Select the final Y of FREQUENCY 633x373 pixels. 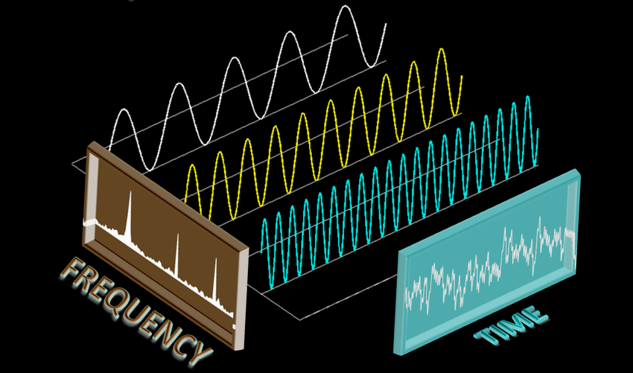(195, 350)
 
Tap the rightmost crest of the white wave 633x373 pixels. (344, 7)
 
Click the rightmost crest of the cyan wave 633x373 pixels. (528, 98)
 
